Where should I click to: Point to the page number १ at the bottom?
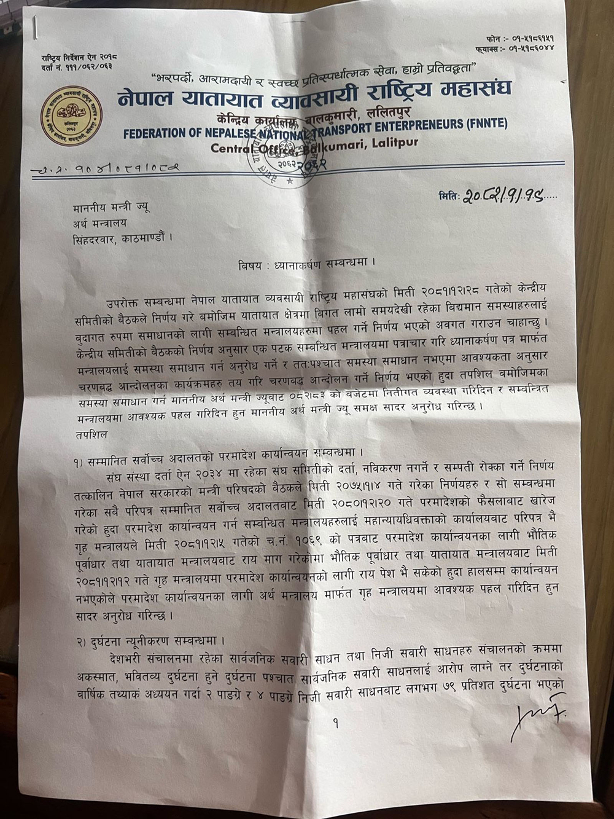pos(336,724)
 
